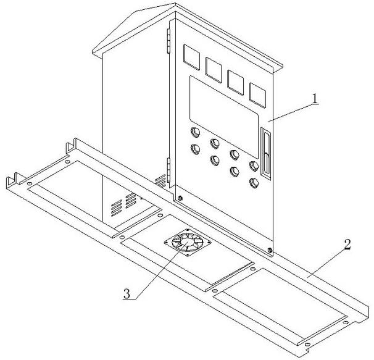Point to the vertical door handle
[265, 152]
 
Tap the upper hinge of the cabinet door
[168, 43]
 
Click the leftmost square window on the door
[192, 57]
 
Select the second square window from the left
[214, 69]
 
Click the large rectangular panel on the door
[223, 115]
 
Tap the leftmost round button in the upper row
[196, 132]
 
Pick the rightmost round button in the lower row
[254, 182]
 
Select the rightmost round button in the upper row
[254, 165]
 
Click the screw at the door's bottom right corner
[270, 250]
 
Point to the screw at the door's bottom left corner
[180, 198]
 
